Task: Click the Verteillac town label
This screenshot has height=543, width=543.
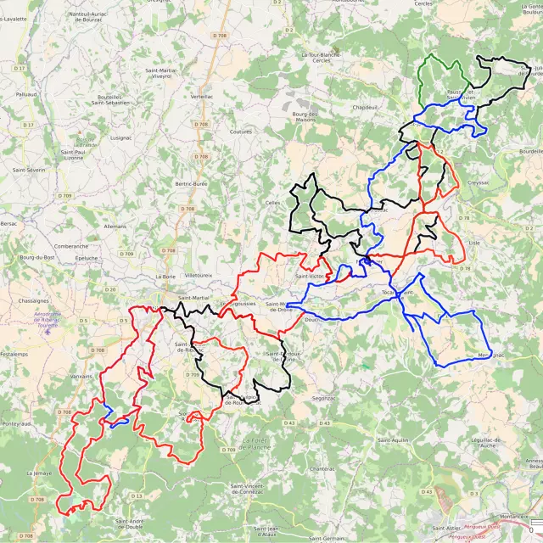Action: coord(202,97)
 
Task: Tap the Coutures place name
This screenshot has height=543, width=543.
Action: coord(242,132)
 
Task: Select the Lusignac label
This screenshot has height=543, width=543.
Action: coord(120,137)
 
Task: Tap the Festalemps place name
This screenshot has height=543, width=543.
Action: coord(14,353)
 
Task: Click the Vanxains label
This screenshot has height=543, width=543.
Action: coord(81,376)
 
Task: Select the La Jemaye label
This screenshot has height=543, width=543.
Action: coord(39,473)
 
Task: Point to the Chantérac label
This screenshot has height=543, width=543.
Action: coord(322,468)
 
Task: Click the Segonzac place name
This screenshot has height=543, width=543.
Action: coord(324,398)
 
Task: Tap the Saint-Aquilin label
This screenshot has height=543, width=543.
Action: coord(394,440)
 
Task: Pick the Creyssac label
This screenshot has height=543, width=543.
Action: coord(478,182)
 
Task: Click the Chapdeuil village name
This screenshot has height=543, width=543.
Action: coord(364,108)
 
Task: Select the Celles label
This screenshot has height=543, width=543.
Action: coord(272,203)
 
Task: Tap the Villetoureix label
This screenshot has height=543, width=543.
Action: coord(199,276)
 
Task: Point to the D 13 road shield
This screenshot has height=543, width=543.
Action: coord(137,495)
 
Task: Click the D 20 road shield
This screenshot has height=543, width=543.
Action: coord(110,289)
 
